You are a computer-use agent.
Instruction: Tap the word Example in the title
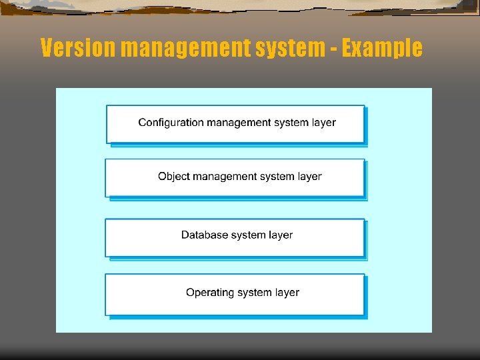click(381, 48)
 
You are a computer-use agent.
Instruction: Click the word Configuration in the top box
click(171, 123)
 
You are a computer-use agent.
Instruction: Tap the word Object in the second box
click(173, 177)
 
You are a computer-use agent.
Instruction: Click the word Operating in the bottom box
click(209, 293)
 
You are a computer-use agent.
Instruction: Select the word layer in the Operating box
click(287, 293)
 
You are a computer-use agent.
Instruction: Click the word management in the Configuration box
click(239, 123)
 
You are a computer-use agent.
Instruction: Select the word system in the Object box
click(278, 177)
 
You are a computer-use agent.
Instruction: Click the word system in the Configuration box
click(291, 123)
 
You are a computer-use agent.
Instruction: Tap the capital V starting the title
click(46, 48)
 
